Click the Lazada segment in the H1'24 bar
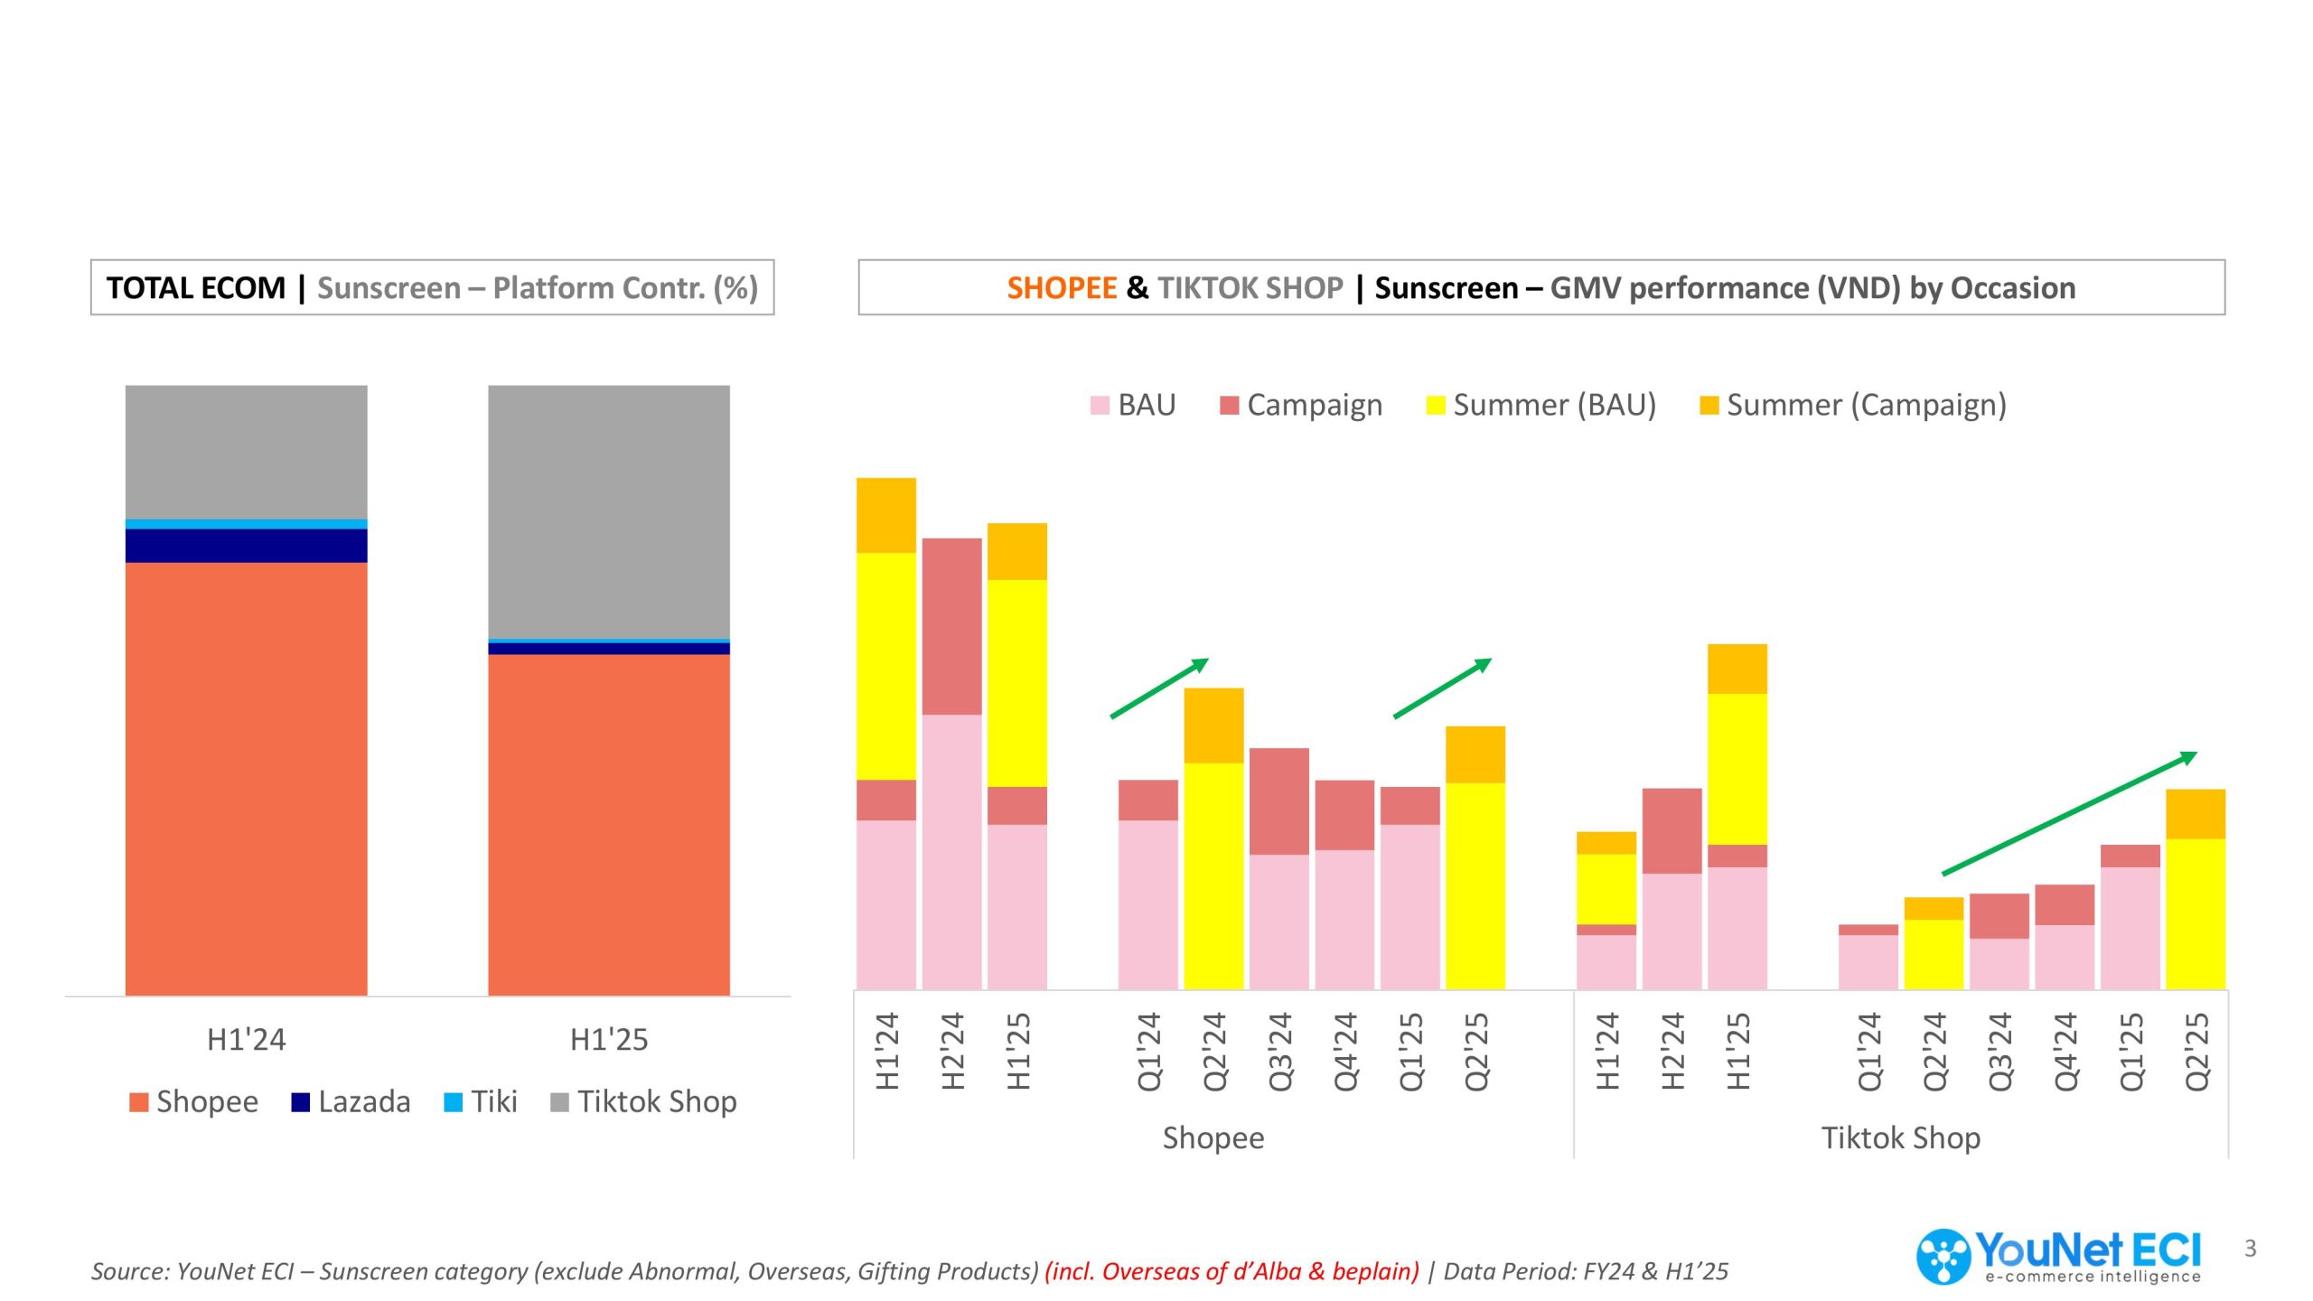(x=246, y=546)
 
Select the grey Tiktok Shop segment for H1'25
(x=609, y=512)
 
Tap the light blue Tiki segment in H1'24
(x=246, y=524)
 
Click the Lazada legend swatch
(x=301, y=1102)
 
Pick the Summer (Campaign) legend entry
(x=1853, y=405)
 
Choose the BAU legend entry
(x=1133, y=405)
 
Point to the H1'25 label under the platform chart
(x=609, y=1040)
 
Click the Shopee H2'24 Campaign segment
(x=952, y=627)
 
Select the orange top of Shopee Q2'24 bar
(x=1213, y=725)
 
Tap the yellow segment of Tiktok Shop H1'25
(x=1737, y=769)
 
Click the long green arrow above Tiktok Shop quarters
(x=2069, y=814)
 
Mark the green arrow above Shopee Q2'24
(x=1159, y=688)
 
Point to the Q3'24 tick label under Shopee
(x=1280, y=1052)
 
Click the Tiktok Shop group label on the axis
(x=1901, y=1137)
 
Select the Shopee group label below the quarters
(x=1213, y=1138)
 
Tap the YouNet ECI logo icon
(x=1943, y=1257)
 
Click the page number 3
(x=2251, y=1249)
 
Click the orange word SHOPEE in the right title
(x=1063, y=288)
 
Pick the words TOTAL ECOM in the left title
(x=196, y=288)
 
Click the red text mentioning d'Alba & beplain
(x=1232, y=1271)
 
